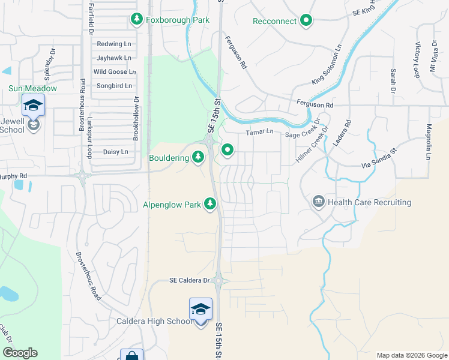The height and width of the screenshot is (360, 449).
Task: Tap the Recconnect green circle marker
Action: [306, 22]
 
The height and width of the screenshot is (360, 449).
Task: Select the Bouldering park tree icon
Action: [198, 158]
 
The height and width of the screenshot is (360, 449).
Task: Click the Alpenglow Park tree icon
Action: [210, 205]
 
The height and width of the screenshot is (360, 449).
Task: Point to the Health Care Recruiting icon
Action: [318, 202]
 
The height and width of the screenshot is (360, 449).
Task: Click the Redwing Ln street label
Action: [113, 44]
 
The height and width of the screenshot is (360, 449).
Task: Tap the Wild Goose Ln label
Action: [114, 72]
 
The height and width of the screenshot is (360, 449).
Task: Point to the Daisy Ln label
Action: [115, 152]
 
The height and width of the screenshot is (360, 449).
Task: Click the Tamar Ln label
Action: [259, 132]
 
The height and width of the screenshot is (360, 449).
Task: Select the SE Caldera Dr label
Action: [190, 280]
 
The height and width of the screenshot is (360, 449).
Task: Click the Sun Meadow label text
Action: [32, 88]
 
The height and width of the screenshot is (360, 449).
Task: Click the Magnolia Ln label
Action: [429, 142]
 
